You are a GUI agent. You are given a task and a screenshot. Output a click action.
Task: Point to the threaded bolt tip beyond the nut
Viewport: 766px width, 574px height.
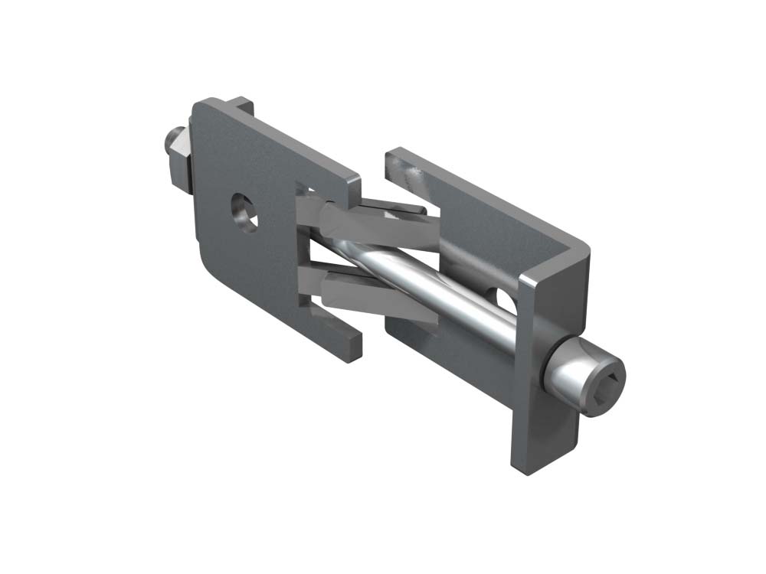170,141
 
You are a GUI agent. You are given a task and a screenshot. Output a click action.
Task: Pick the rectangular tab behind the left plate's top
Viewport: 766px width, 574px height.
241,106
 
